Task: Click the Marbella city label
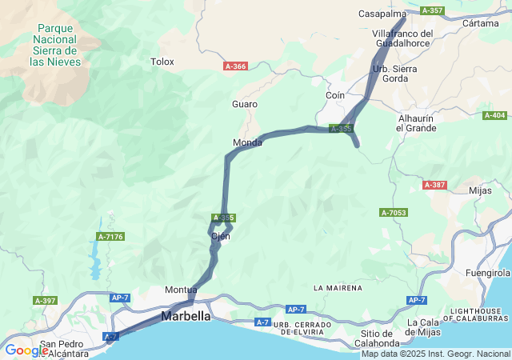coord(186,316)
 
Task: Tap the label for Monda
coord(247,142)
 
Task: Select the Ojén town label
coord(220,236)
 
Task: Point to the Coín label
coord(335,94)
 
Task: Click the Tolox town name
coord(162,61)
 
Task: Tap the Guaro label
coord(245,104)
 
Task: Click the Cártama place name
coord(481,22)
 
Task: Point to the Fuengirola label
coord(486,273)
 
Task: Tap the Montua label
coord(181,290)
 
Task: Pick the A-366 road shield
coord(235,66)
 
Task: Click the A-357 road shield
coord(431,10)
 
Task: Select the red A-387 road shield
coord(434,185)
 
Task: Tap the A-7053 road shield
coord(394,212)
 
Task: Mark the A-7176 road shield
coord(110,236)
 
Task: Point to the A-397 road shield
coord(45,300)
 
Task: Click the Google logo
coord(26,350)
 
